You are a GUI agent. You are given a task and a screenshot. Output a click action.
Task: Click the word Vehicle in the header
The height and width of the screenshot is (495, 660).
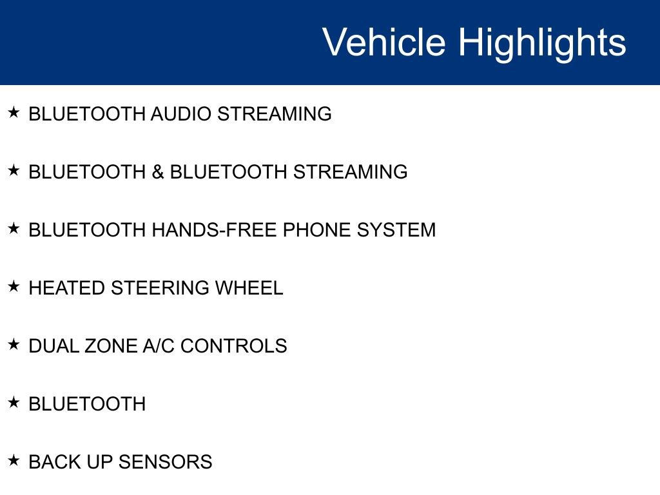384,42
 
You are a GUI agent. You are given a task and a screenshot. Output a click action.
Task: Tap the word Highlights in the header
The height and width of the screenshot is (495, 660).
542,44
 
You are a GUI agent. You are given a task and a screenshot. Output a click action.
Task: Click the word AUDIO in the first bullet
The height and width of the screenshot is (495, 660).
181,114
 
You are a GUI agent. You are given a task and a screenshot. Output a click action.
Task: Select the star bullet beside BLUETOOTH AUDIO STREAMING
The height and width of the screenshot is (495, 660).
14,112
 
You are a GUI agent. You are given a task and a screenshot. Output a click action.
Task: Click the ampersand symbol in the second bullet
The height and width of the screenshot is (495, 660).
158,172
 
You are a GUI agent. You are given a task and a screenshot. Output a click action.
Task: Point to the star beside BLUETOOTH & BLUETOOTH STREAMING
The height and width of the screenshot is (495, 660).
14,170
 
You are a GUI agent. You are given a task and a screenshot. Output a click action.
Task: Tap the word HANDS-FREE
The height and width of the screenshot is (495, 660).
214,230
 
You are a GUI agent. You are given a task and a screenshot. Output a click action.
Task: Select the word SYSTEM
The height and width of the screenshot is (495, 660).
396,230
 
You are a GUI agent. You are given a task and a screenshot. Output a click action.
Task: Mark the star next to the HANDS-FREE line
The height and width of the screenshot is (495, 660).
14,229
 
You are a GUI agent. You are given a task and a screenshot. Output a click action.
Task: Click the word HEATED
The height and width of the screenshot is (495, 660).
66,288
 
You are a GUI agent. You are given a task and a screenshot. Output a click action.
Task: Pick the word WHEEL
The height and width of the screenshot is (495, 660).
249,288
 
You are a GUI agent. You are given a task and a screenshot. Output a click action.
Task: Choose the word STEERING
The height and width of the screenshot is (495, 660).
160,288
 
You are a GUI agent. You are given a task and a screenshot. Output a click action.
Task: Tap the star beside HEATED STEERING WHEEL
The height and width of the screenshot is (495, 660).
14,287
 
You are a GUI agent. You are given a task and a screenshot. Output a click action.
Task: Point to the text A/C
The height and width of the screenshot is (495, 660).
159,346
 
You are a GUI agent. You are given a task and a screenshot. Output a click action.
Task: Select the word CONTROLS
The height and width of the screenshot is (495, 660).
233,346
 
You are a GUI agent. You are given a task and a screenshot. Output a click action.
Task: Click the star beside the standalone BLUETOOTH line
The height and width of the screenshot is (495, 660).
14,403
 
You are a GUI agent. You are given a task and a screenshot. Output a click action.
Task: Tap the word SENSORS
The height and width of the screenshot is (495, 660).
165,462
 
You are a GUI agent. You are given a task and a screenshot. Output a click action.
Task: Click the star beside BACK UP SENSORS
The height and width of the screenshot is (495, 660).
14,460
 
